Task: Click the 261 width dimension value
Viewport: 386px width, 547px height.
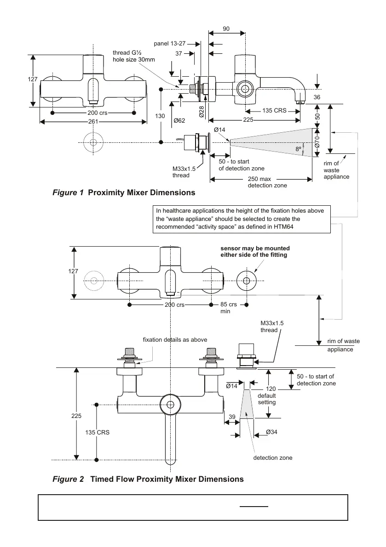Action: pos(93,122)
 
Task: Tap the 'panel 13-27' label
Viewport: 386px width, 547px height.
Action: pos(170,44)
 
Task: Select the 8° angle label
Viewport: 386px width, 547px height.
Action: pos(298,149)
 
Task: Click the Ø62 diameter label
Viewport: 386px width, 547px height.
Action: pos(179,120)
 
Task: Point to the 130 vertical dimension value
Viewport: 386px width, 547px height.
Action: pos(160,116)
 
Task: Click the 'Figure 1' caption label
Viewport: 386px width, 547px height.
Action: pos(68,192)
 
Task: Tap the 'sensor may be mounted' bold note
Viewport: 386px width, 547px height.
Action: pos(255,248)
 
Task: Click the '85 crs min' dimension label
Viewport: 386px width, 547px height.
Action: pos(229,307)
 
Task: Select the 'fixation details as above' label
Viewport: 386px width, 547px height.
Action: pos(175,340)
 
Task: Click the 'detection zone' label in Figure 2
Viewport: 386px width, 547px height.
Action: pos(273,457)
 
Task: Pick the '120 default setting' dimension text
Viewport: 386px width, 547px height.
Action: pos(267,395)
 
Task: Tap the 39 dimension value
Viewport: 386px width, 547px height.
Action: pos(232,417)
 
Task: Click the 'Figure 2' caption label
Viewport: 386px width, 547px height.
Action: pos(68,479)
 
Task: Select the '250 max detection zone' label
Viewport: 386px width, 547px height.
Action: pos(267,182)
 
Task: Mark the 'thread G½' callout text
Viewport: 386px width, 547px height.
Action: pos(127,53)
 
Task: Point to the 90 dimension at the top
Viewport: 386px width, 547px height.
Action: pos(226,28)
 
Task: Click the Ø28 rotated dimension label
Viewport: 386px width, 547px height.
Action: pos(202,112)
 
